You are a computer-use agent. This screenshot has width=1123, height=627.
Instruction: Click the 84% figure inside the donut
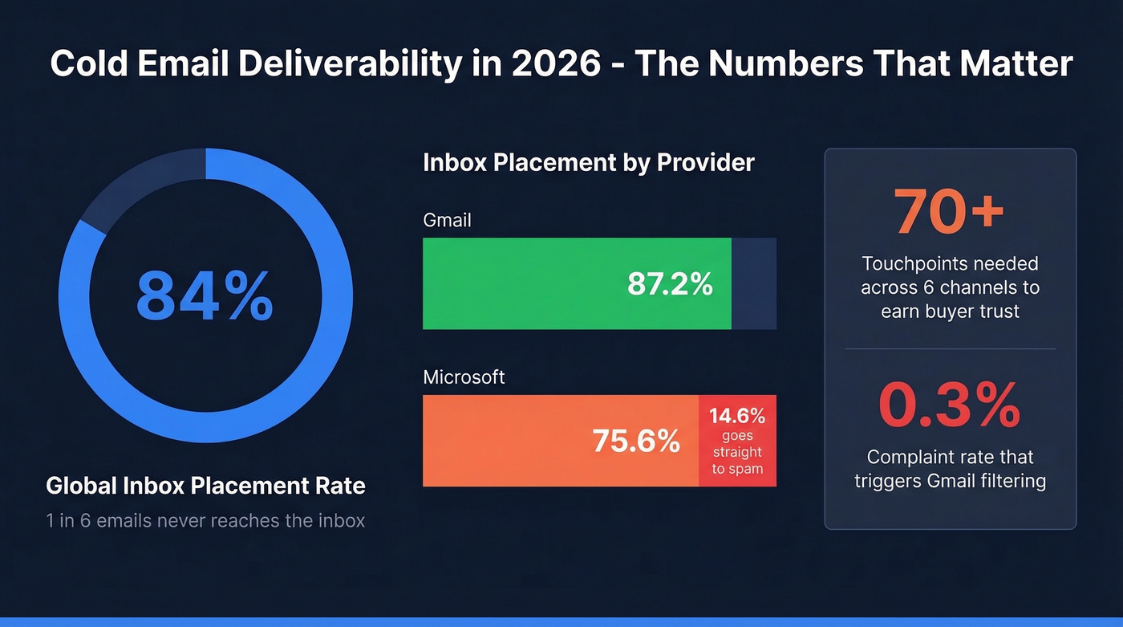coord(205,295)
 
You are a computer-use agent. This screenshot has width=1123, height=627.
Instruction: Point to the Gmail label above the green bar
coord(448,220)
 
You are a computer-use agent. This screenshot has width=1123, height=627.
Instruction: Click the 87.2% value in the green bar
coord(670,284)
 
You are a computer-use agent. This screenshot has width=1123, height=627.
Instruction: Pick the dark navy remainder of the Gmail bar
coord(753,283)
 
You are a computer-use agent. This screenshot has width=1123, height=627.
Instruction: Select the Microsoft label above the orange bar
coord(464,377)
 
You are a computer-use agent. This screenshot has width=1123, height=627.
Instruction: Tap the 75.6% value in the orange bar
coord(636,441)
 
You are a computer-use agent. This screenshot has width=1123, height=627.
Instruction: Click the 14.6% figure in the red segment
coord(737,416)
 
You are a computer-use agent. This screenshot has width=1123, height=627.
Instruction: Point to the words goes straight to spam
coord(737,452)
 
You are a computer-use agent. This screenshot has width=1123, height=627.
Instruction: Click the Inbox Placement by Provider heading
coord(588,163)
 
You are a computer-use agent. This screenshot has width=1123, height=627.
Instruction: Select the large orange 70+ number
coord(949,211)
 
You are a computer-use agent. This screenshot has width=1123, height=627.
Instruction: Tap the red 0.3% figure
coord(949,405)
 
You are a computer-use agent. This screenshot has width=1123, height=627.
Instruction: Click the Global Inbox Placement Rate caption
coord(205,486)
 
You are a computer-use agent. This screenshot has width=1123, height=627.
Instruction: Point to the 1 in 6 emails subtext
coord(205,521)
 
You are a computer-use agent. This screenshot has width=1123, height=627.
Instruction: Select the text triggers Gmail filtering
coord(950,481)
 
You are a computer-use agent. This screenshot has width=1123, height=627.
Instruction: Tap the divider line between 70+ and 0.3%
coord(950,348)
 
